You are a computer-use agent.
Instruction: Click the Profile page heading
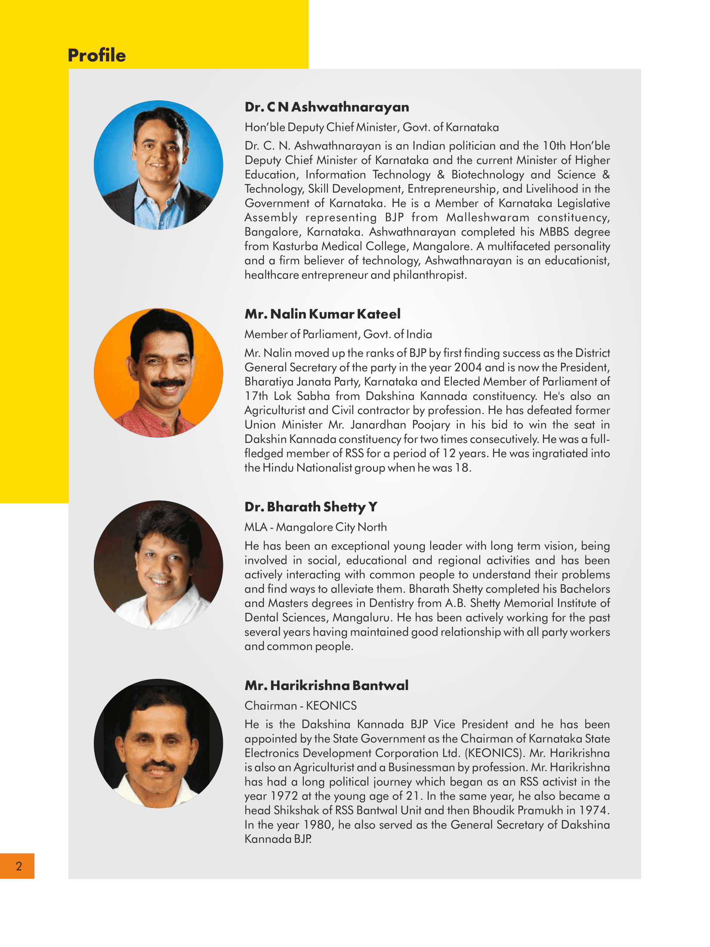point(97,55)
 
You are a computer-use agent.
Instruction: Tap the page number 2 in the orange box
point(19,866)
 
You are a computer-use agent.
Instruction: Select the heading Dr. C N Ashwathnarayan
point(327,107)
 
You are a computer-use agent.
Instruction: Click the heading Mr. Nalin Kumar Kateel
point(322,314)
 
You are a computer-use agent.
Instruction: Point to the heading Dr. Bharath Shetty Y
point(311,507)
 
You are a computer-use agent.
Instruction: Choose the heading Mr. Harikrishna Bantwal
point(326,685)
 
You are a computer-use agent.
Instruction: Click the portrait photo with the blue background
point(158,165)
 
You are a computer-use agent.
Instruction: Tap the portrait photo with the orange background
point(158,373)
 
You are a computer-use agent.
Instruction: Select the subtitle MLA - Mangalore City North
point(315,527)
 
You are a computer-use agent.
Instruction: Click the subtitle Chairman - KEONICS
point(300,706)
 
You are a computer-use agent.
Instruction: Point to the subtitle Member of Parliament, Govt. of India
point(338,334)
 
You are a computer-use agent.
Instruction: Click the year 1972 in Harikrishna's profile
point(284,796)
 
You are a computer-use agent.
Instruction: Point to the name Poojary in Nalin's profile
point(431,425)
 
